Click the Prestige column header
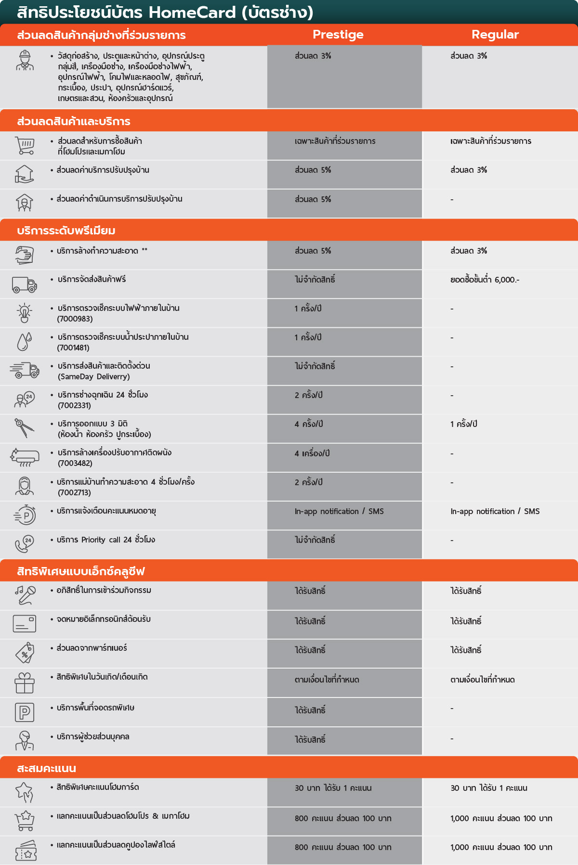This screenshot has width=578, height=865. point(338,35)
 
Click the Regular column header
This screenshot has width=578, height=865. point(495,35)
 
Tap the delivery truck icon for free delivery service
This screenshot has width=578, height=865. point(25,284)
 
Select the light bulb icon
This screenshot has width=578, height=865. point(25,313)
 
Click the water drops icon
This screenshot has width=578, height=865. point(24,342)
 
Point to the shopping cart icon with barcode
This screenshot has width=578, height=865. point(25,145)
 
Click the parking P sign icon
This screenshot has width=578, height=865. point(24,712)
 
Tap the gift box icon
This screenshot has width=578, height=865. point(25,683)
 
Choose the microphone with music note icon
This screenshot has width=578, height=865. point(25,595)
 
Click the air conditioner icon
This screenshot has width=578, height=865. point(25,457)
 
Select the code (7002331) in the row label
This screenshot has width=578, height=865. point(74,405)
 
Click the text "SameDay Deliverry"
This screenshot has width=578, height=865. point(94,376)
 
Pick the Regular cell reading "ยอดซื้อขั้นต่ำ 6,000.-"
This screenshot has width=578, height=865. point(485,280)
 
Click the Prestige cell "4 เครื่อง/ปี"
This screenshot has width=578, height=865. point(312,453)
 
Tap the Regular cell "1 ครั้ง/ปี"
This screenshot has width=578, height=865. point(463,424)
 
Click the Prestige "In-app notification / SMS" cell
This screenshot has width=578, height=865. point(339,511)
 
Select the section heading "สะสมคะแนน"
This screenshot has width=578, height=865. point(47,768)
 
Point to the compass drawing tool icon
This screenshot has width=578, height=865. point(24,428)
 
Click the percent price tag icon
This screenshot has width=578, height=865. point(25,653)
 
